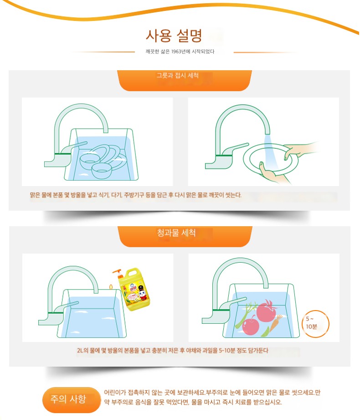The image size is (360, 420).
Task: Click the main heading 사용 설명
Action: (174, 36)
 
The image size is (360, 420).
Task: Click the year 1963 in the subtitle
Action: (176, 52)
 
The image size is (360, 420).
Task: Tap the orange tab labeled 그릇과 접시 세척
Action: (185, 80)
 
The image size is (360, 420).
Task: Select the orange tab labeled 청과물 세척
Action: (185, 236)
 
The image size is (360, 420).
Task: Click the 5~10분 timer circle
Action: (316, 324)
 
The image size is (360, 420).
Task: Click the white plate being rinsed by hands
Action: (271, 159)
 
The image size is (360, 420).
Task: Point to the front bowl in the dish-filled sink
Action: (102, 171)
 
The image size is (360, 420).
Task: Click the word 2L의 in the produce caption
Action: (82, 350)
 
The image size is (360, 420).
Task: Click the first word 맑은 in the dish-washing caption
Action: (35, 195)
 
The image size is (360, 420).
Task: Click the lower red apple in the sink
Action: (251, 325)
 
